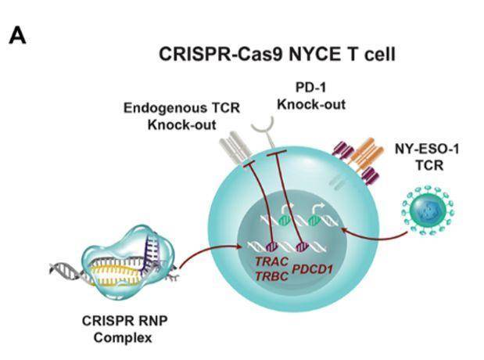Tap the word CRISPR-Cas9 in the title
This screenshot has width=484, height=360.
click(207, 56)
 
